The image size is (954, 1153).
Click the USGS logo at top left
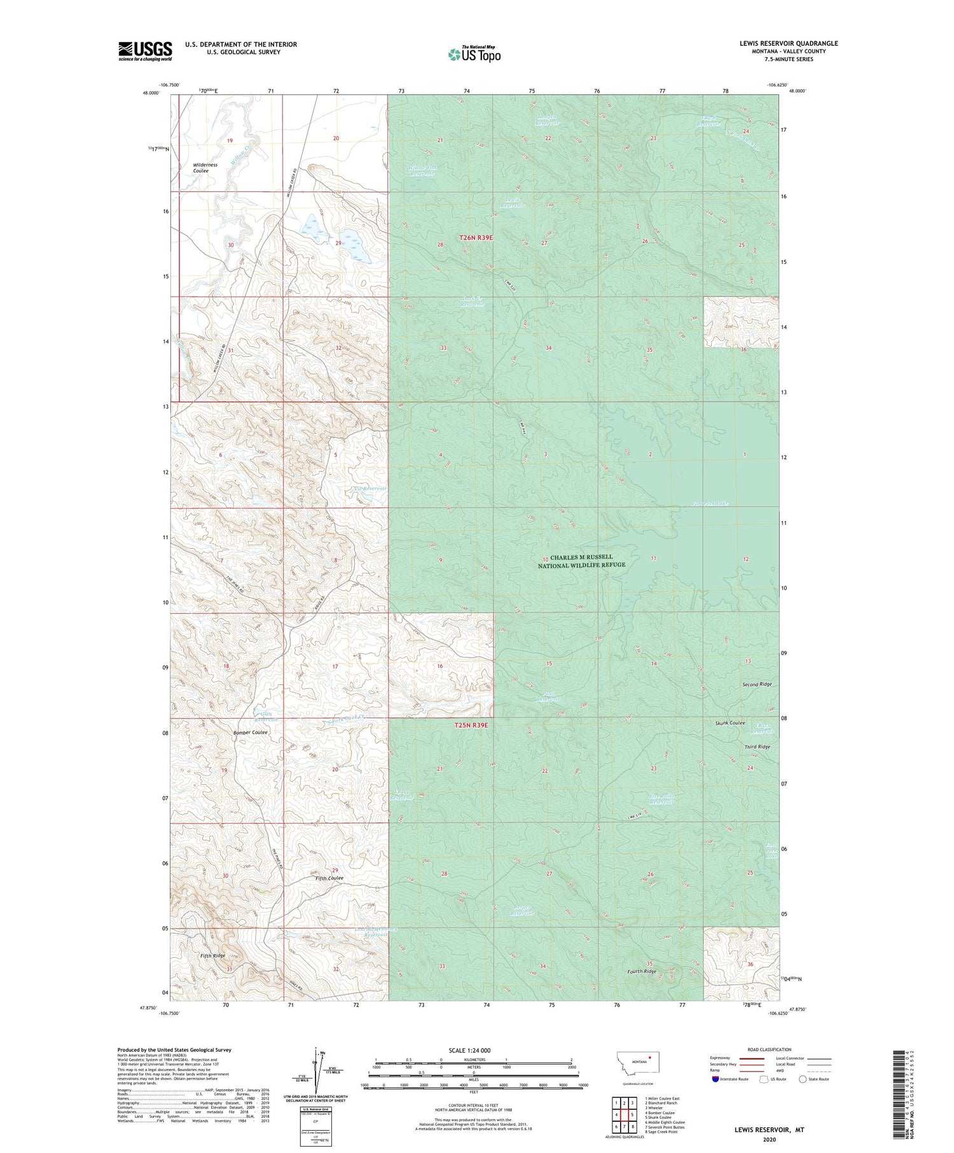tap(145, 51)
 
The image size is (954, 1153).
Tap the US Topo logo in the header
tap(474, 55)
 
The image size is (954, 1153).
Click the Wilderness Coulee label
tap(205, 168)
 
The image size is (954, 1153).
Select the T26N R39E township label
tap(476, 237)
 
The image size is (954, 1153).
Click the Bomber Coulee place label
tap(250, 732)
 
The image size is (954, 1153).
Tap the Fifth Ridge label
tap(212, 956)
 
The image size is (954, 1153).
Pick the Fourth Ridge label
tap(641, 972)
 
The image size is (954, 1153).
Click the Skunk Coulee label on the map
tap(729, 723)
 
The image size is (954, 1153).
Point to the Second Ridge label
tap(756, 684)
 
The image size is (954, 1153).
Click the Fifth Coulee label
tap(329, 878)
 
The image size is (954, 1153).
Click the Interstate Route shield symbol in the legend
tap(715, 1079)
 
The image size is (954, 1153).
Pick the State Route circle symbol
tap(803, 1079)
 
